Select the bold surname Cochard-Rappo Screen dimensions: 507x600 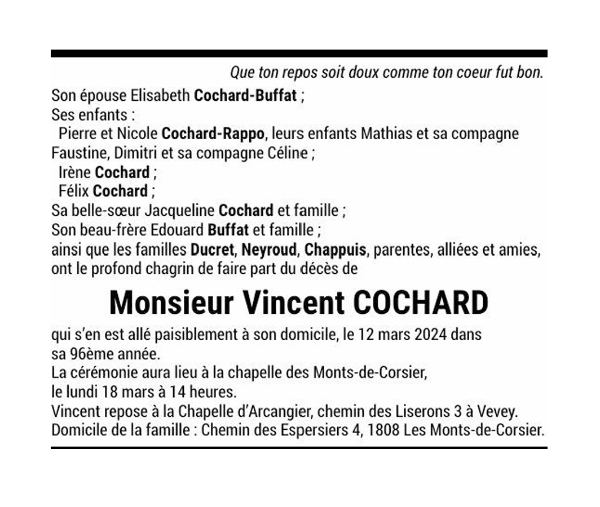click(213, 134)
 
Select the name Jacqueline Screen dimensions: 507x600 click(179, 211)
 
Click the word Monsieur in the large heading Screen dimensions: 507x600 click(171, 303)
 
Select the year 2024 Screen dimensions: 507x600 click(430, 335)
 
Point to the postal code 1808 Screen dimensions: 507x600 click(383, 430)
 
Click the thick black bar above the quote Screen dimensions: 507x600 click(299, 54)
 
